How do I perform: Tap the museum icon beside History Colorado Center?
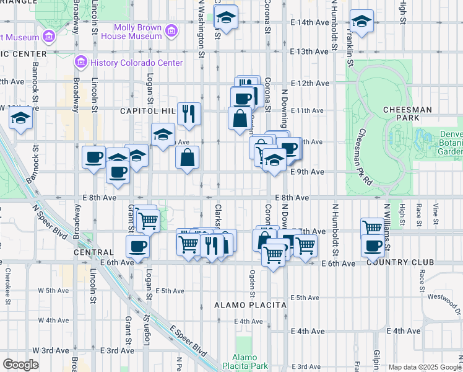click(80, 63)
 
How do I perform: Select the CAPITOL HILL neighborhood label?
click(146, 111)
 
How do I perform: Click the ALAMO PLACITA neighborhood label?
click(250, 305)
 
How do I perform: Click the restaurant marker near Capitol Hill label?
click(189, 114)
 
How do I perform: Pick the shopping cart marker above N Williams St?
click(372, 228)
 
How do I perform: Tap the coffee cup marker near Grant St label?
click(137, 246)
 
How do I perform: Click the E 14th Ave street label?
click(309, 22)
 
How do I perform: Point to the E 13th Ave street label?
click(309, 51)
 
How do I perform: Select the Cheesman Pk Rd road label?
click(363, 155)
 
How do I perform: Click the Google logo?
click(20, 365)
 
